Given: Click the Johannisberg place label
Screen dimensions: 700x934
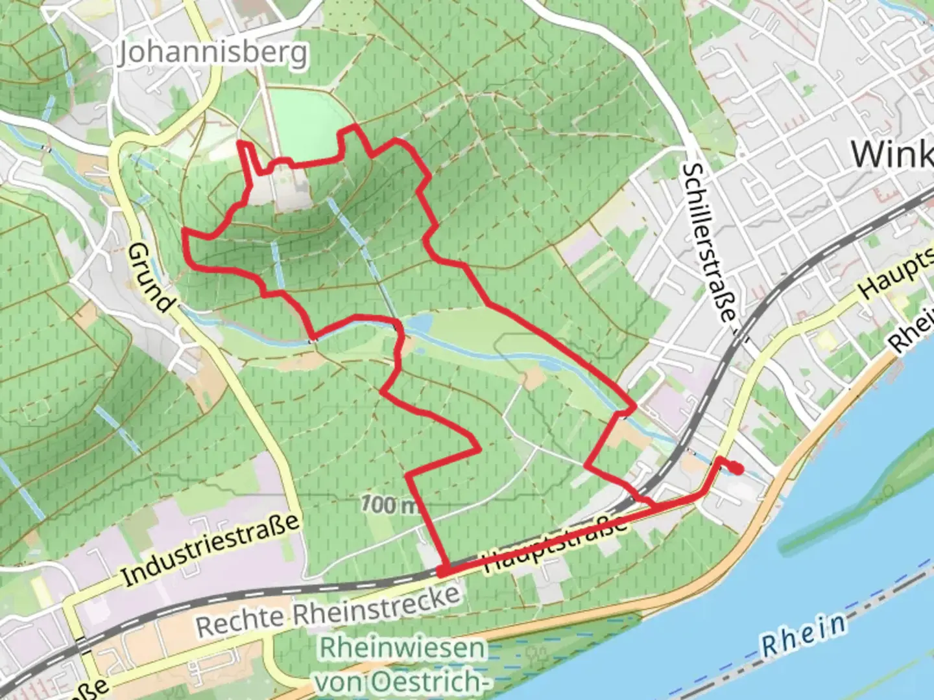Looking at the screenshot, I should [212, 53].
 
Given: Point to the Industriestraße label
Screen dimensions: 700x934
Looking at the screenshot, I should [211, 550].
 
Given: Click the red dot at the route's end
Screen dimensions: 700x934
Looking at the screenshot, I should [737, 470].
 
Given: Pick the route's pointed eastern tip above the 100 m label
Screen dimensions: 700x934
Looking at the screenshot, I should [479, 448].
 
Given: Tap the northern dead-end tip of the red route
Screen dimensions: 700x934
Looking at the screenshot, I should [241, 142].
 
